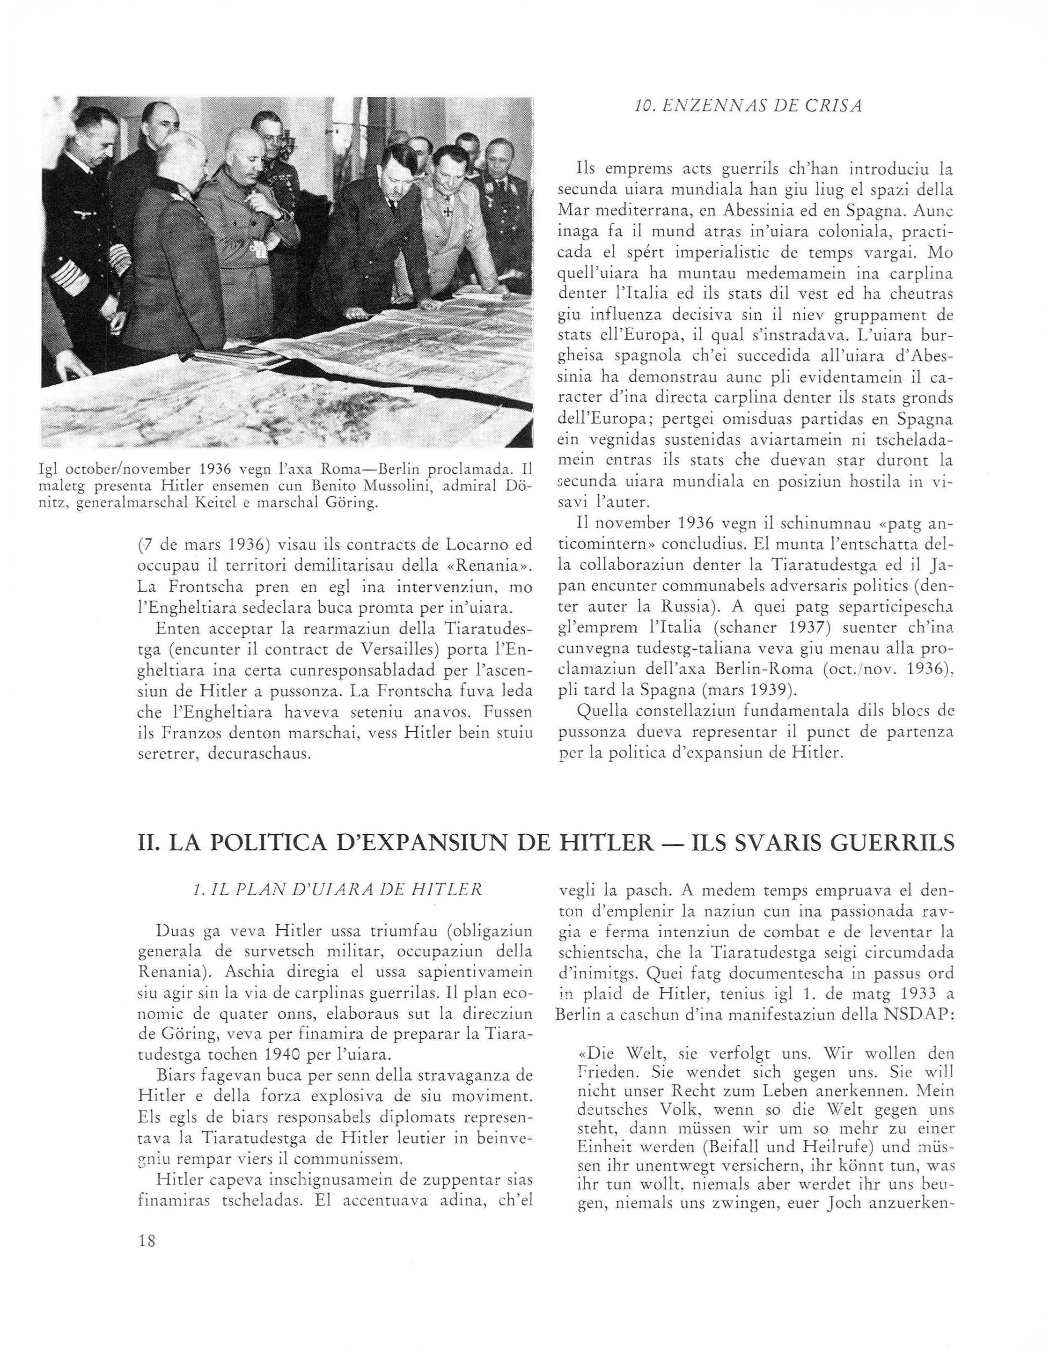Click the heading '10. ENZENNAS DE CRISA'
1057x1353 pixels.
click(748, 107)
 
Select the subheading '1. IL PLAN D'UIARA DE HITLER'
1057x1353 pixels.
click(337, 890)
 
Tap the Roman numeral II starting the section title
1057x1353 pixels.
click(147, 844)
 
